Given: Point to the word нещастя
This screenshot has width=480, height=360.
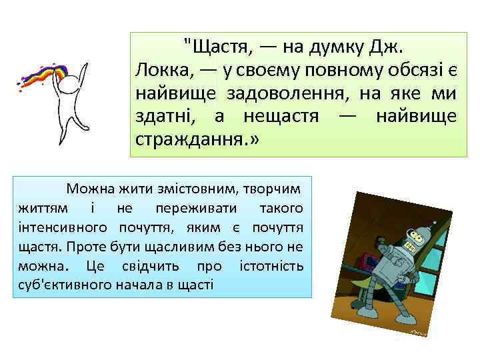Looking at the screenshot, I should click(276, 117).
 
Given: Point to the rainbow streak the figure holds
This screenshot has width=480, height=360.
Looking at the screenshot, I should click(43, 75).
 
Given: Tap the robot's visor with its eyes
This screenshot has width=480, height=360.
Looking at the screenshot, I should click(417, 236).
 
